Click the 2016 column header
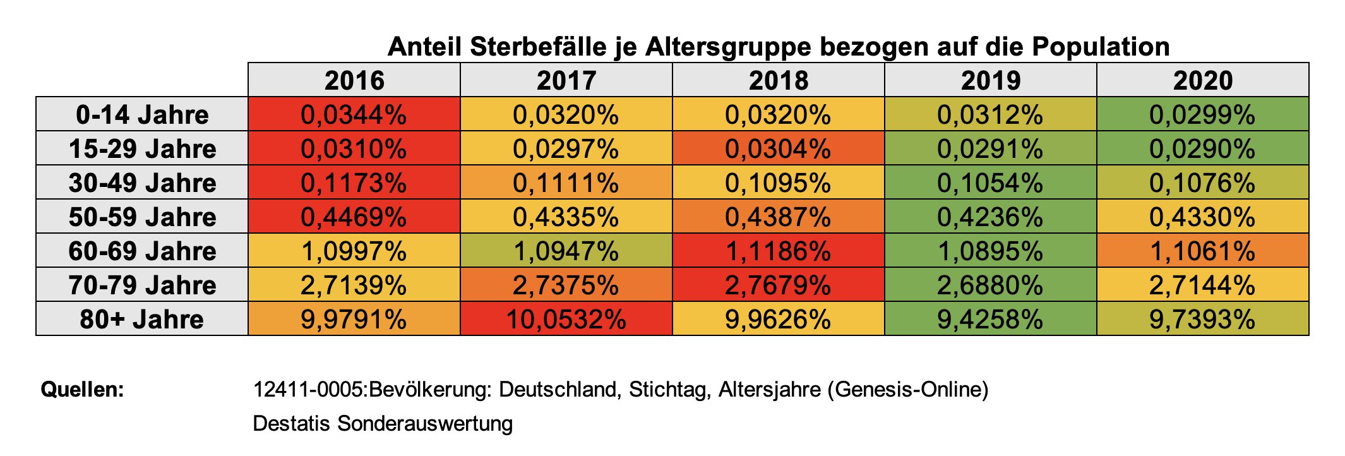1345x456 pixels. (x=354, y=80)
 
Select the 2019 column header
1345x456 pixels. (x=990, y=80)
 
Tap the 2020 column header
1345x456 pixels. (x=1202, y=80)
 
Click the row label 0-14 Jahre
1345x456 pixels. (x=142, y=114)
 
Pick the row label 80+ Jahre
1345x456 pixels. (x=142, y=319)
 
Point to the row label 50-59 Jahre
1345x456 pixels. (x=142, y=217)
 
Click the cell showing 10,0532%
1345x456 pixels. (x=566, y=319)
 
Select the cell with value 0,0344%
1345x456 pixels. (x=354, y=114)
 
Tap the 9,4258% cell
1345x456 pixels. (x=990, y=319)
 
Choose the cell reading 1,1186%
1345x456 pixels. (x=778, y=251)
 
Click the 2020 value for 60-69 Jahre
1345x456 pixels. (x=1202, y=251)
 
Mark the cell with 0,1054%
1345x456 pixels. (x=990, y=183)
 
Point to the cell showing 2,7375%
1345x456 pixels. (x=566, y=285)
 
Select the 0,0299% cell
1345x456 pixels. (x=1202, y=114)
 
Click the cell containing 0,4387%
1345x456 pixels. (x=778, y=217)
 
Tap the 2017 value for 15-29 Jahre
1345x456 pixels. (x=566, y=148)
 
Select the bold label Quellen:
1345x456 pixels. (x=82, y=389)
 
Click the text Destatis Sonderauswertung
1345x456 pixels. (x=383, y=423)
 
